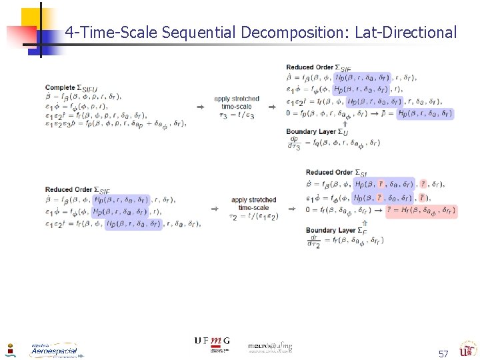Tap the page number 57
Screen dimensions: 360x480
pos(443,353)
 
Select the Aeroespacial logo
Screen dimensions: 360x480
pos(53,350)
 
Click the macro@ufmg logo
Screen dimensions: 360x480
pos(270,347)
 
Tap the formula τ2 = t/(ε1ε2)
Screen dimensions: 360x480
pos(253,216)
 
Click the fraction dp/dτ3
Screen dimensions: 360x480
pos(294,143)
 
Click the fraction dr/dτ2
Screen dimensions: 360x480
pos(314,241)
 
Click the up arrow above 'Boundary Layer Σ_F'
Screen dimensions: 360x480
pos(363,221)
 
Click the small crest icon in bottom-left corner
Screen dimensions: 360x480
pos(9,350)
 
